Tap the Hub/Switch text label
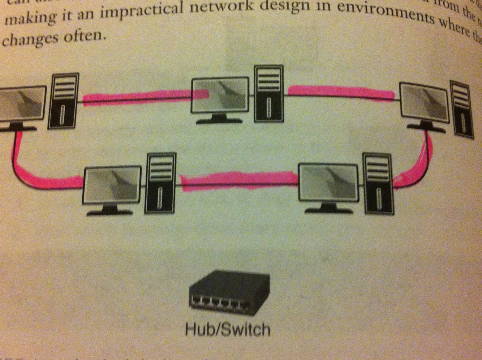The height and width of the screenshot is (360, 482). pos(227,330)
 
